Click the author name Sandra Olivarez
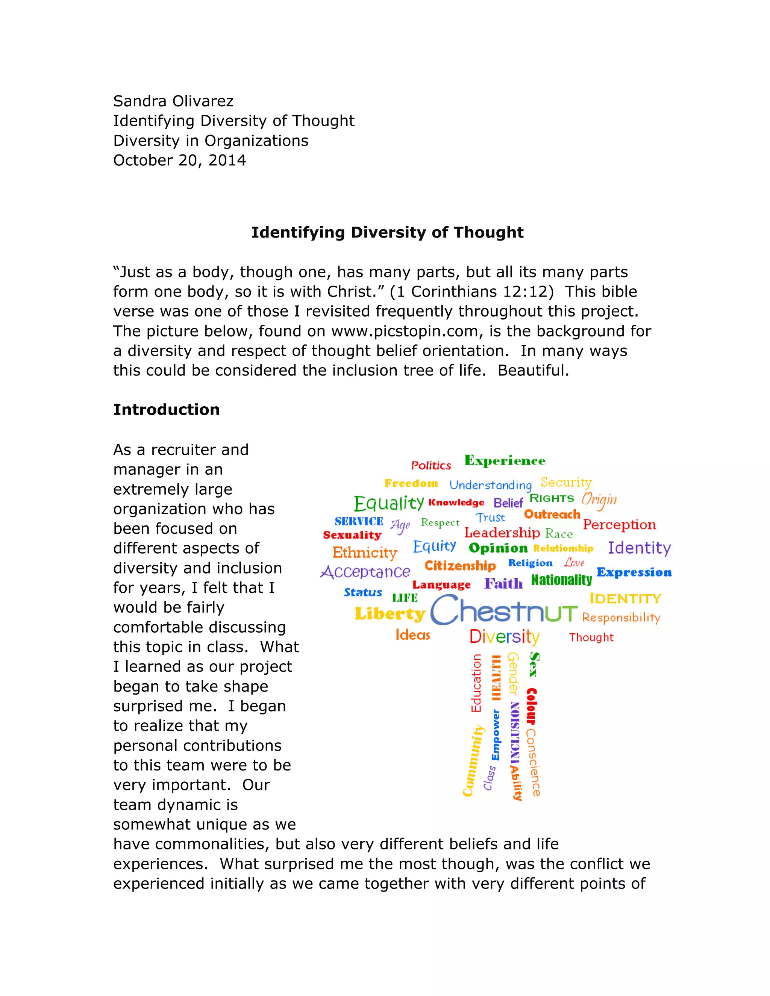173,101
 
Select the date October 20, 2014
179,160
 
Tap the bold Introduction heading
166,410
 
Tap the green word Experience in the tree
505,461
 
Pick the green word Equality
389,504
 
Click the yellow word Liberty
390,614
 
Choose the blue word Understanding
490,485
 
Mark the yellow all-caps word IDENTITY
625,598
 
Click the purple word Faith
503,583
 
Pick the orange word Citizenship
460,566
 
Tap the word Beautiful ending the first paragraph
533,371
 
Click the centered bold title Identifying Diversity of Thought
387,233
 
